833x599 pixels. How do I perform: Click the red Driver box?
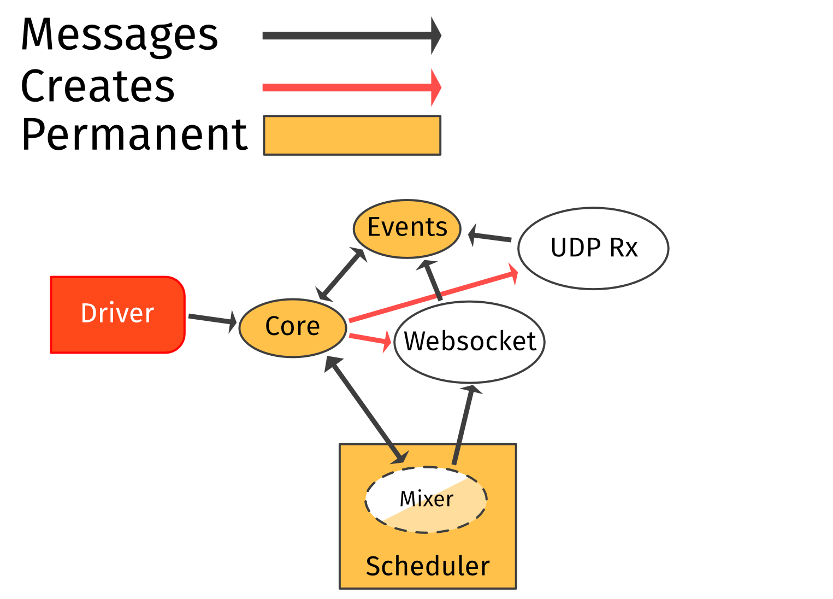click(117, 314)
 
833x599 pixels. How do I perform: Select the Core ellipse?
click(293, 328)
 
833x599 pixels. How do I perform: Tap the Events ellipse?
click(407, 228)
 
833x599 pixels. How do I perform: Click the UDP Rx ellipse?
click(593, 248)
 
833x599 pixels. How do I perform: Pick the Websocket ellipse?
click(469, 342)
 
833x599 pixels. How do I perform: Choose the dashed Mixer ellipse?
click(426, 500)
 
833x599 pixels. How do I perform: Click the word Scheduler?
click(428, 566)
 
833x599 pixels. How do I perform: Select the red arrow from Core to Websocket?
click(369, 339)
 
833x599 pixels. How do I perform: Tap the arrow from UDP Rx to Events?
click(492, 237)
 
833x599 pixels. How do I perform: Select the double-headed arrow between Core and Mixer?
click(366, 410)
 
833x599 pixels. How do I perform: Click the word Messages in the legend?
click(120, 34)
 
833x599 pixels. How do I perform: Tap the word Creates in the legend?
click(98, 86)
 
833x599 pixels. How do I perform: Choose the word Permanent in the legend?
click(134, 135)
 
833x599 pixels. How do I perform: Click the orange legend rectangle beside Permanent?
click(352, 136)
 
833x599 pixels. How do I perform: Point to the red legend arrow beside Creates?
click(350, 87)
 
